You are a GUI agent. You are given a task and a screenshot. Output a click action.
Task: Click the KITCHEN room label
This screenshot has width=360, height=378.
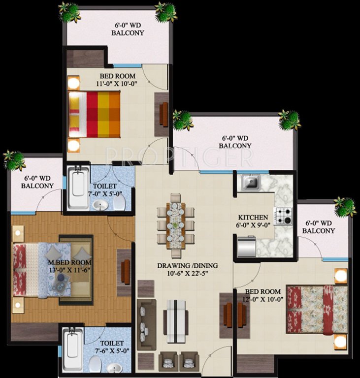(x=253, y=217)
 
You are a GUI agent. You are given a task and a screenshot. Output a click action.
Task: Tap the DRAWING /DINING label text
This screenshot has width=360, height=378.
(x=187, y=266)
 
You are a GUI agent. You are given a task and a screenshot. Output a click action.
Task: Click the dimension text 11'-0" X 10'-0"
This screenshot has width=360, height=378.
(x=117, y=84)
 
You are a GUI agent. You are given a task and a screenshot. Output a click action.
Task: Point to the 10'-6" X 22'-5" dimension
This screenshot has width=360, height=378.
(x=188, y=274)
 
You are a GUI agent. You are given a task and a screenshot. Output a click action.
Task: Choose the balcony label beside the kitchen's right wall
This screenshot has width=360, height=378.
(x=318, y=227)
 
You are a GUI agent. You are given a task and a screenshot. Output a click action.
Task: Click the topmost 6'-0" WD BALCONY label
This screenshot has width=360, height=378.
(x=128, y=29)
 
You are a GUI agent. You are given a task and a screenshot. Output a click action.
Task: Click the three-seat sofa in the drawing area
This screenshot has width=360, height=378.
(x=146, y=324)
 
